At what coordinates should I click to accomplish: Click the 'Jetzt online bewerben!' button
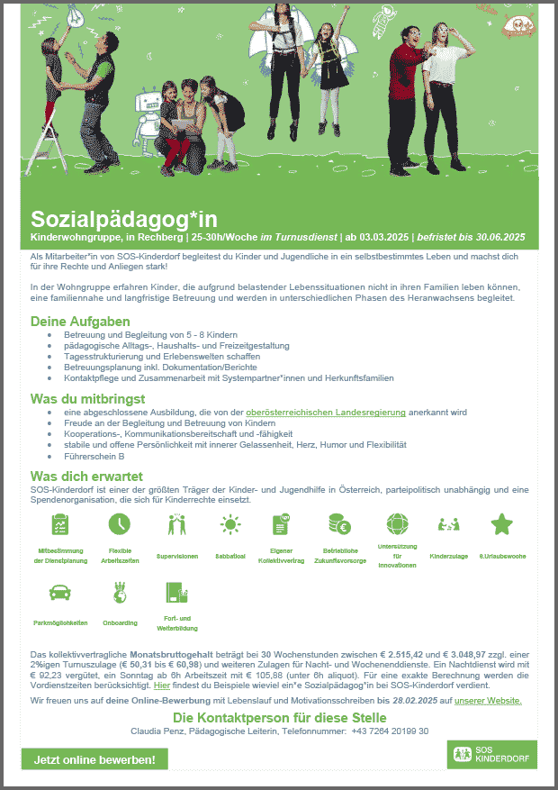[x=94, y=759]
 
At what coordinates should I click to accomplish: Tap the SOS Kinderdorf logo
[x=491, y=755]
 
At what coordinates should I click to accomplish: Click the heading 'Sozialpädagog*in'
[x=123, y=219]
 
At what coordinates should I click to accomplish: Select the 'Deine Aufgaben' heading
[x=80, y=322]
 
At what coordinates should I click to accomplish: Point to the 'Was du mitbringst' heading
[x=88, y=398]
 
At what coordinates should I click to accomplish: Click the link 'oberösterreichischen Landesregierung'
[x=326, y=412]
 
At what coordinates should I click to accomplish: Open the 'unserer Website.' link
[x=488, y=700]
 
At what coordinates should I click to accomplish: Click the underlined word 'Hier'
[x=162, y=686]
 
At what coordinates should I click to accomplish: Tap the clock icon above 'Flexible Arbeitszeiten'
[x=119, y=523]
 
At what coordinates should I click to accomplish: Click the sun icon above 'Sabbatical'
[x=231, y=523]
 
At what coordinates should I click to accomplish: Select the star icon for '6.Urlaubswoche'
[x=502, y=523]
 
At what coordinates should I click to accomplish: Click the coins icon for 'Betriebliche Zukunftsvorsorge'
[x=340, y=523]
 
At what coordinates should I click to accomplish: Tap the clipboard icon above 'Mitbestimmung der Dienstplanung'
[x=61, y=523]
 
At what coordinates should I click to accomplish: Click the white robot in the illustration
[x=149, y=117]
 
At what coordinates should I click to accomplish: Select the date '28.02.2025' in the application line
[x=414, y=700]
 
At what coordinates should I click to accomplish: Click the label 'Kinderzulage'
[x=448, y=557]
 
